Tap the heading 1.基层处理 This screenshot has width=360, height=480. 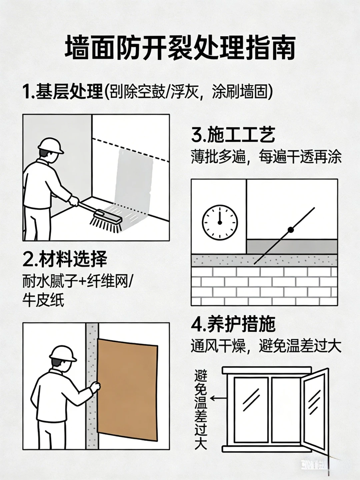(x=63, y=91)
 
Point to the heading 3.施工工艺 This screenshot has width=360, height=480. (x=233, y=135)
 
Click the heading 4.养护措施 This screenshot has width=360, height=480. (x=233, y=324)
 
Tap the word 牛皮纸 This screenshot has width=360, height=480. (x=43, y=300)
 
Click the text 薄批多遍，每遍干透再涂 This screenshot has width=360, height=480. (x=266, y=157)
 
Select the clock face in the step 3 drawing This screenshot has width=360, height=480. (x=220, y=222)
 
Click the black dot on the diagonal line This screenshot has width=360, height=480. (x=290, y=230)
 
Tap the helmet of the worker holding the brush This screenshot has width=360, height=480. (x=51, y=145)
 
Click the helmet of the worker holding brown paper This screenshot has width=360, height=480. (x=63, y=353)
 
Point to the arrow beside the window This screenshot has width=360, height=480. (x=218, y=398)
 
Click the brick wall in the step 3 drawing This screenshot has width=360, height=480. (x=264, y=286)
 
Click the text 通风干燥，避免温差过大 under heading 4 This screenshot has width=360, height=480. (x=266, y=346)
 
